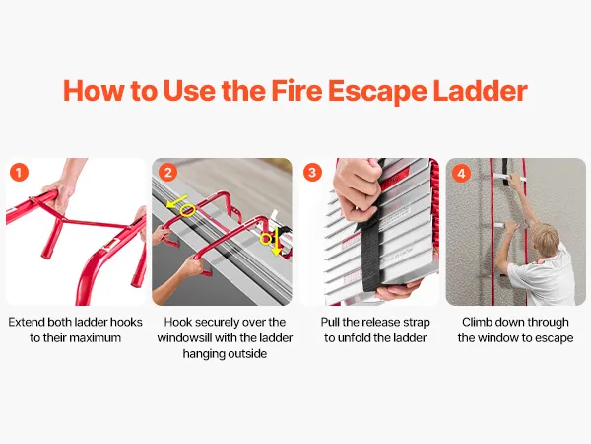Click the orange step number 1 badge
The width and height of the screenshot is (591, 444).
tap(19, 173)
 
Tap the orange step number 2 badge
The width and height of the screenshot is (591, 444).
tap(167, 173)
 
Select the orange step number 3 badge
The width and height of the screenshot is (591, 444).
tap(312, 173)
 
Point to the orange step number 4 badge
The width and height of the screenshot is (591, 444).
tap(461, 173)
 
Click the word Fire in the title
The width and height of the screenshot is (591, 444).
tap(296, 91)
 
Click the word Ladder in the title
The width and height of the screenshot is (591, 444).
tap(481, 91)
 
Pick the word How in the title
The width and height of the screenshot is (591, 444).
tap(94, 91)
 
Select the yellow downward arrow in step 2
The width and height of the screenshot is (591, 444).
tap(278, 242)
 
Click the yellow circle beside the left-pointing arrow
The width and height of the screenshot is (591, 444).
tap(187, 210)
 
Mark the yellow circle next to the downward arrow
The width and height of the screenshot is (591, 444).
tap(266, 239)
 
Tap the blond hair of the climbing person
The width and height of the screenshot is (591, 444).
tap(545, 237)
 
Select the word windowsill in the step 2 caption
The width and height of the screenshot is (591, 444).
tap(184, 337)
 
